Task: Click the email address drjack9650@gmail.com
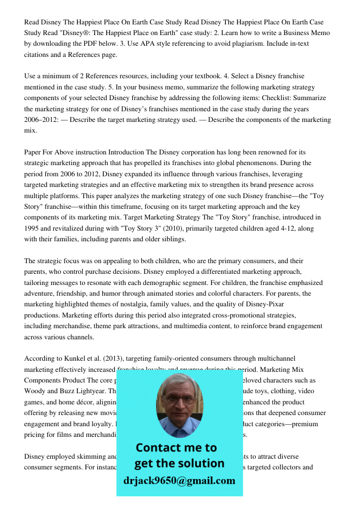pyautogui.click(x=179, y=481)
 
